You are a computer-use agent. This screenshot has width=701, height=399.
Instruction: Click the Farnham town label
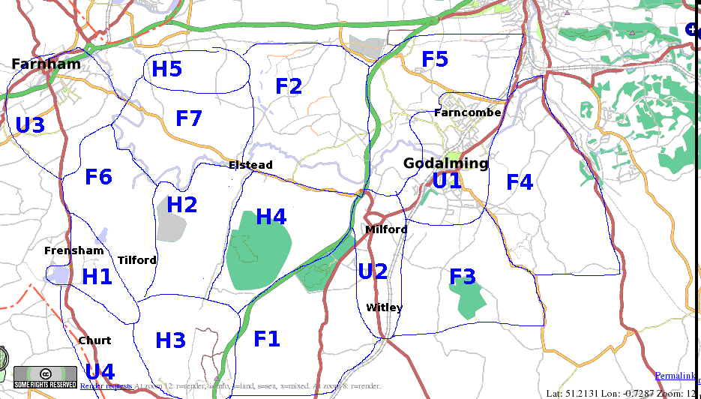[x=46, y=64]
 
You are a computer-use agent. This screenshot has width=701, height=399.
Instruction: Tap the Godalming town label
[x=445, y=163]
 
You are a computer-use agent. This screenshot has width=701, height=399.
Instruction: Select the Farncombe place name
[x=467, y=112]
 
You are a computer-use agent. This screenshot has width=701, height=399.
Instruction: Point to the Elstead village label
[x=250, y=165]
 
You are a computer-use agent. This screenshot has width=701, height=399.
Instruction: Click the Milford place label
[x=386, y=229]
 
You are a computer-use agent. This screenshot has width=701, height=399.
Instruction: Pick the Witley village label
[x=384, y=307]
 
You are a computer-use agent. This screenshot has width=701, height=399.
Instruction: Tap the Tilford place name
[x=136, y=260]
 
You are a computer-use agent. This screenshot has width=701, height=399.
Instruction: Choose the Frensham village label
[x=73, y=250]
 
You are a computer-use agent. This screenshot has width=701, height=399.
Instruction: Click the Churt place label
[x=94, y=340]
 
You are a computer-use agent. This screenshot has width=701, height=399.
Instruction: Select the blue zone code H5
[x=166, y=70]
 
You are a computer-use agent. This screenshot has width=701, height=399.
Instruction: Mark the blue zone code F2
[x=289, y=86]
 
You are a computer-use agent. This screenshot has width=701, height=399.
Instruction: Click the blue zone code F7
[x=189, y=118]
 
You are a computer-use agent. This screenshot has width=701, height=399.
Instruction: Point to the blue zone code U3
[x=30, y=125]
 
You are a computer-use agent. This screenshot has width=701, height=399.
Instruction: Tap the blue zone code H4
[x=271, y=217]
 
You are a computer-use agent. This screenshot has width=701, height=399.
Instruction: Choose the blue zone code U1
[x=447, y=181]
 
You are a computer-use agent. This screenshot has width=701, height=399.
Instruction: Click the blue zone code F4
[x=520, y=182]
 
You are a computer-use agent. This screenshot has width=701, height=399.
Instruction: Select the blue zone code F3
[x=463, y=277]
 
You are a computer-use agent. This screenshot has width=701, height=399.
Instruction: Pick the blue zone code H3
[x=170, y=340]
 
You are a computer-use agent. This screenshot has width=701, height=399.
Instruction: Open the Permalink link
[x=676, y=375]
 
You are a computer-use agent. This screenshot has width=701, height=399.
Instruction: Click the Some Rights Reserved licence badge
[x=45, y=377]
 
